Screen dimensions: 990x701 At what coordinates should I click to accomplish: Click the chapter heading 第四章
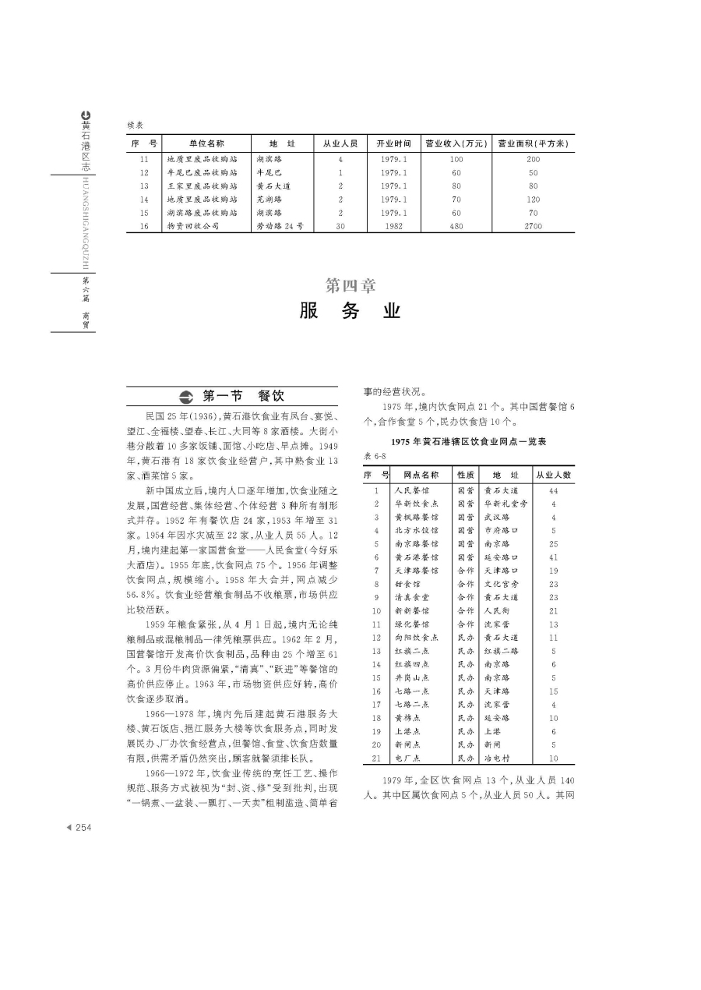click(350, 286)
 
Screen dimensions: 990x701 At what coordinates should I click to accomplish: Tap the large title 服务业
click(350, 311)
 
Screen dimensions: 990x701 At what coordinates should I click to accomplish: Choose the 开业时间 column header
click(393, 143)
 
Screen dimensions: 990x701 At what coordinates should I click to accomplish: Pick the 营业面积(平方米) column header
click(534, 143)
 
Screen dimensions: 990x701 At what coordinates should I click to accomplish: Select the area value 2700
click(534, 226)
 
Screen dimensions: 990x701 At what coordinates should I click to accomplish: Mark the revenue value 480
click(456, 226)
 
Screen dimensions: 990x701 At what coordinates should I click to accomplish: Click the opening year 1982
click(393, 226)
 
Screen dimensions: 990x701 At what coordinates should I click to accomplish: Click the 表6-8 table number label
click(375, 455)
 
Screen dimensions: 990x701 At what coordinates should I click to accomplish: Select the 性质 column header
click(466, 474)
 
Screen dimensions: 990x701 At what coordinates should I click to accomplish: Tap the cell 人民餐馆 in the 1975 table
click(410, 491)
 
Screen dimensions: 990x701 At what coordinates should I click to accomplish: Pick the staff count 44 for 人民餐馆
click(553, 491)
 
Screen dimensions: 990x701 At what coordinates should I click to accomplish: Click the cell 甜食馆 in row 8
click(407, 584)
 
